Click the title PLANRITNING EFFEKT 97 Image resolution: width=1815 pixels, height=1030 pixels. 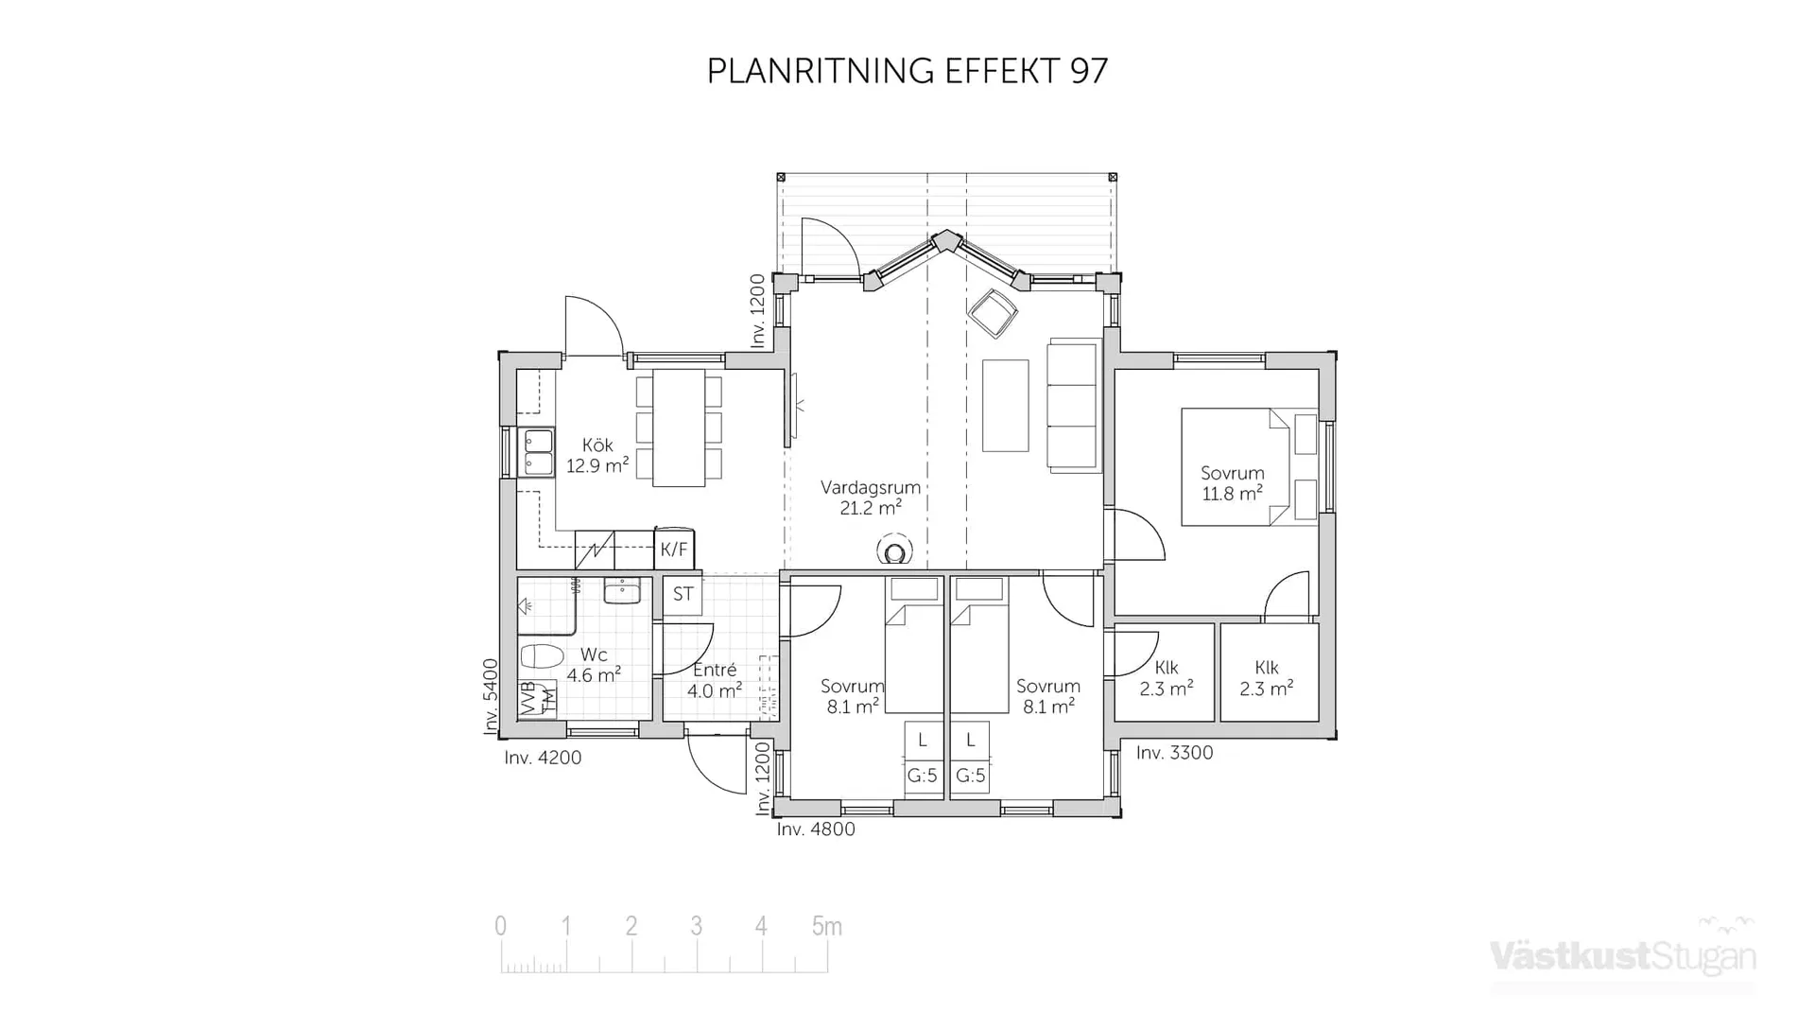point(907,71)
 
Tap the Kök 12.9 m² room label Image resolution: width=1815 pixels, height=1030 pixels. point(597,455)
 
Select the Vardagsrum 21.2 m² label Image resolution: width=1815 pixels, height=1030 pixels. point(870,498)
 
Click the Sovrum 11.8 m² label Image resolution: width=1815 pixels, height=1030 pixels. point(1232,483)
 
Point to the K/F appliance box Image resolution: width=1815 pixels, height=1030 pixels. point(674,550)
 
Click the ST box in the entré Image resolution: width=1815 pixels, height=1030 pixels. point(683,595)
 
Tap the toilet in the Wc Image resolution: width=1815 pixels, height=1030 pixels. point(542,655)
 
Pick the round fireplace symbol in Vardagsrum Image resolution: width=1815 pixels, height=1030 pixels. point(894,551)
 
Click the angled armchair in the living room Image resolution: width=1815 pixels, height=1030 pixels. point(993,312)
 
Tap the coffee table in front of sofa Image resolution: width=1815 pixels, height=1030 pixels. point(1005,405)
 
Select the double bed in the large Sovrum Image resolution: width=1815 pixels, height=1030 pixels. point(1234,466)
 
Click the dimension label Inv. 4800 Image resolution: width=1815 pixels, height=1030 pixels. point(816,829)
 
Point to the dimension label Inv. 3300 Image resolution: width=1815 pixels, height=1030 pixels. point(1174,753)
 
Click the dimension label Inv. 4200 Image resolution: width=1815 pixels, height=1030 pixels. point(543,758)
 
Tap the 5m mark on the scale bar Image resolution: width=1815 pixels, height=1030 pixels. point(826,927)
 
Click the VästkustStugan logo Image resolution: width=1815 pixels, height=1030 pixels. point(1622,955)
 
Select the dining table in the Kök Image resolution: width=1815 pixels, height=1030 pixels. point(679,428)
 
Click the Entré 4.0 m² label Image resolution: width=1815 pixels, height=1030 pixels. point(715,681)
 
